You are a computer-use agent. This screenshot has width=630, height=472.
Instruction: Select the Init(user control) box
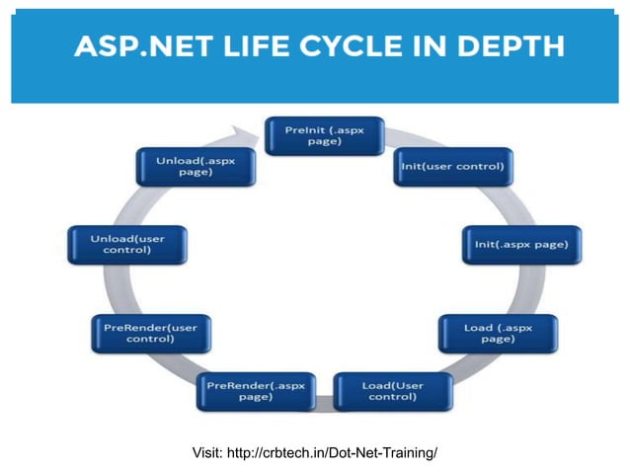click(x=453, y=166)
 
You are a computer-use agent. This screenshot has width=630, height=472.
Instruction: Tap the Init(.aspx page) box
click(x=521, y=244)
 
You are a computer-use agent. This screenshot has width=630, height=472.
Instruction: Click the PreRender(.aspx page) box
click(x=255, y=390)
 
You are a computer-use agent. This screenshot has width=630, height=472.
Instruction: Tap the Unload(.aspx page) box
click(x=195, y=166)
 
